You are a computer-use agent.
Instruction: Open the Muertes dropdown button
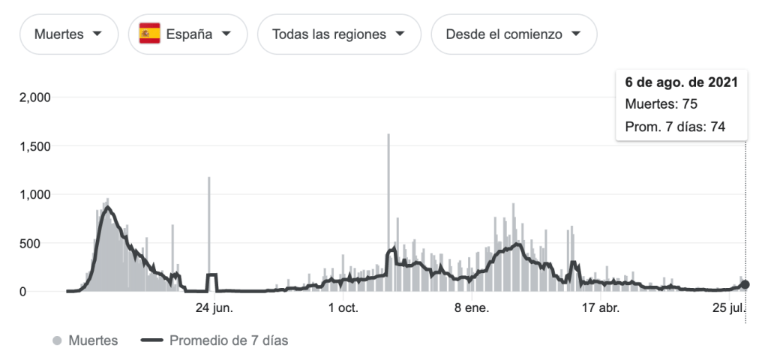[68, 34]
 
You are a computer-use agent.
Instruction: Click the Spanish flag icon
[149, 34]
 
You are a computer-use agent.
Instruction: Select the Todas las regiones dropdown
[338, 34]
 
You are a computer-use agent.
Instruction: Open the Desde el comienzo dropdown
[514, 34]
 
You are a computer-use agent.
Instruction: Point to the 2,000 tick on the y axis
[34, 97]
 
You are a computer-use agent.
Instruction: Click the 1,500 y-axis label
[34, 146]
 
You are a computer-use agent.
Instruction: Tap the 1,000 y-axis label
[34, 195]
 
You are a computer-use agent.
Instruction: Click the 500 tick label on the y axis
[39, 244]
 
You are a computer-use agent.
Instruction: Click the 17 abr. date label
[601, 307]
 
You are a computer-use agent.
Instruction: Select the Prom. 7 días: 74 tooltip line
[675, 127]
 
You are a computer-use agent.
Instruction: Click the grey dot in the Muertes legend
[57, 340]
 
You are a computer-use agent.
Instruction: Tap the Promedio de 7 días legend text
[229, 340]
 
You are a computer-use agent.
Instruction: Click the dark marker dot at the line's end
[745, 285]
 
